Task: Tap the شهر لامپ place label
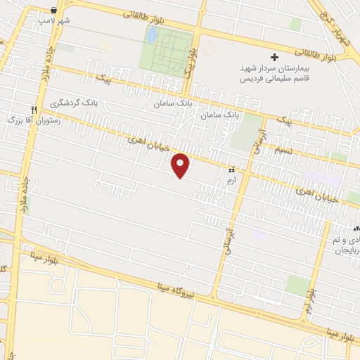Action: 55,20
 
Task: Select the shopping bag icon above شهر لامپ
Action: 54,10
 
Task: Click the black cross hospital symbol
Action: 275,56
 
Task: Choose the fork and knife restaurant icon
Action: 33,109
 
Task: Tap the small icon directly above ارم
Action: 232,170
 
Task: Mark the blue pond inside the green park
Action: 152,34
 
